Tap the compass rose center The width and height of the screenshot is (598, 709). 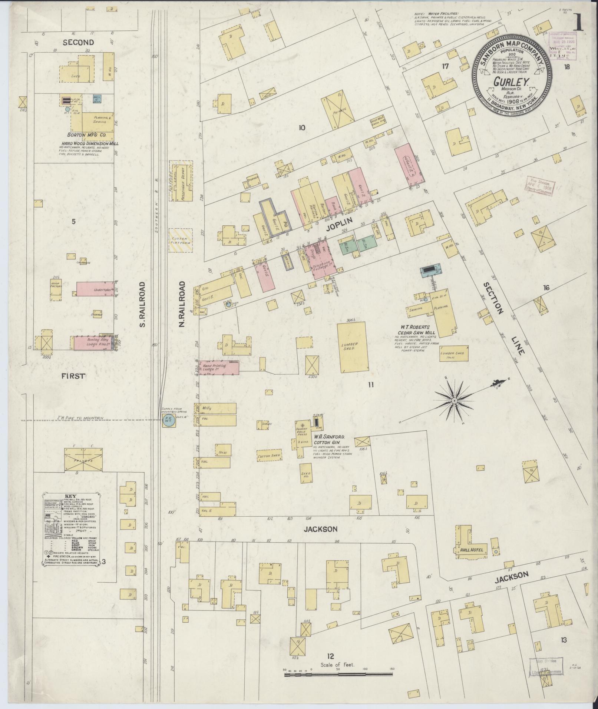[x=454, y=401]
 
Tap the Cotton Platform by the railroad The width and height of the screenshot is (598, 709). [x=181, y=240]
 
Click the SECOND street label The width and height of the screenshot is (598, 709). [x=78, y=42]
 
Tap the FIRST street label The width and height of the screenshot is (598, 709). [x=73, y=376]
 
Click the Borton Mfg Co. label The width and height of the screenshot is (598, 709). [x=87, y=135]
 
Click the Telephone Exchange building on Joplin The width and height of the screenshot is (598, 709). [x=319, y=265]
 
